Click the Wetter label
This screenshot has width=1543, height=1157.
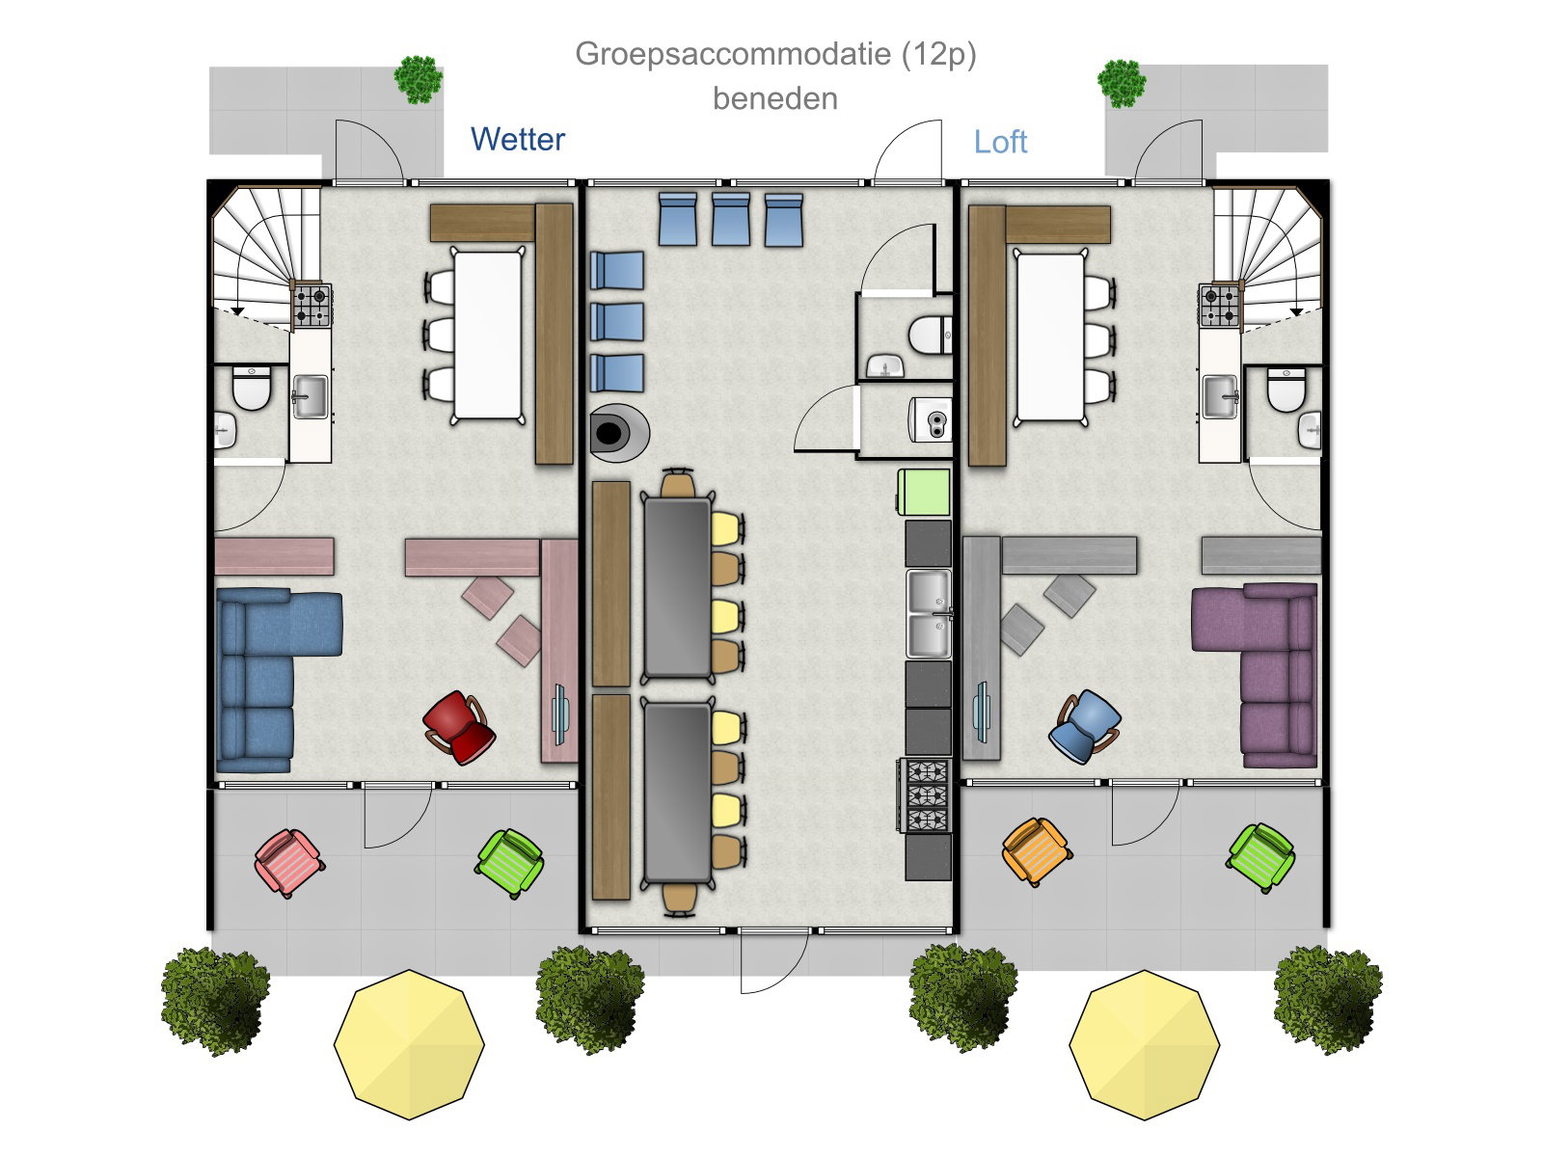pyautogui.click(x=517, y=139)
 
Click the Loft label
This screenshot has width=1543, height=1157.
pyautogui.click(x=1000, y=142)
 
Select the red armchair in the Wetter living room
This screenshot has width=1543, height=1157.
pyautogui.click(x=459, y=728)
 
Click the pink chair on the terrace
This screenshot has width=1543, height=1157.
pyautogui.click(x=289, y=863)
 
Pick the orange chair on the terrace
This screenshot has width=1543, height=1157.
pyautogui.click(x=1036, y=852)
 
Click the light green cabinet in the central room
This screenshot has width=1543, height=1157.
pyautogui.click(x=924, y=493)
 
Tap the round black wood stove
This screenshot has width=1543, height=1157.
pyautogui.click(x=617, y=433)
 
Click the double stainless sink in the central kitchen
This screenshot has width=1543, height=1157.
pyautogui.click(x=929, y=614)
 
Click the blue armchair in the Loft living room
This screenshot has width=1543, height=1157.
pyautogui.click(x=1084, y=726)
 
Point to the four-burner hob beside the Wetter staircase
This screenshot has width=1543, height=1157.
pyautogui.click(x=311, y=305)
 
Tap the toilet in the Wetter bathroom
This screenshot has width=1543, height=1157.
pyautogui.click(x=251, y=389)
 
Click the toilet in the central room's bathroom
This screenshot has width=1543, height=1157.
pyautogui.click(x=930, y=336)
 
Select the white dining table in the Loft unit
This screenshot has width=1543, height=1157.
pyautogui.click(x=1050, y=336)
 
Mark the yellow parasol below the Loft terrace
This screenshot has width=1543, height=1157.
pyautogui.click(x=1144, y=1044)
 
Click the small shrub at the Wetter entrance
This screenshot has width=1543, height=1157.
pyautogui.click(x=419, y=79)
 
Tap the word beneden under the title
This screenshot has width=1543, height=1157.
pyautogui.click(x=774, y=99)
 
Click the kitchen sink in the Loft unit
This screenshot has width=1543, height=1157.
pyautogui.click(x=1220, y=397)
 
